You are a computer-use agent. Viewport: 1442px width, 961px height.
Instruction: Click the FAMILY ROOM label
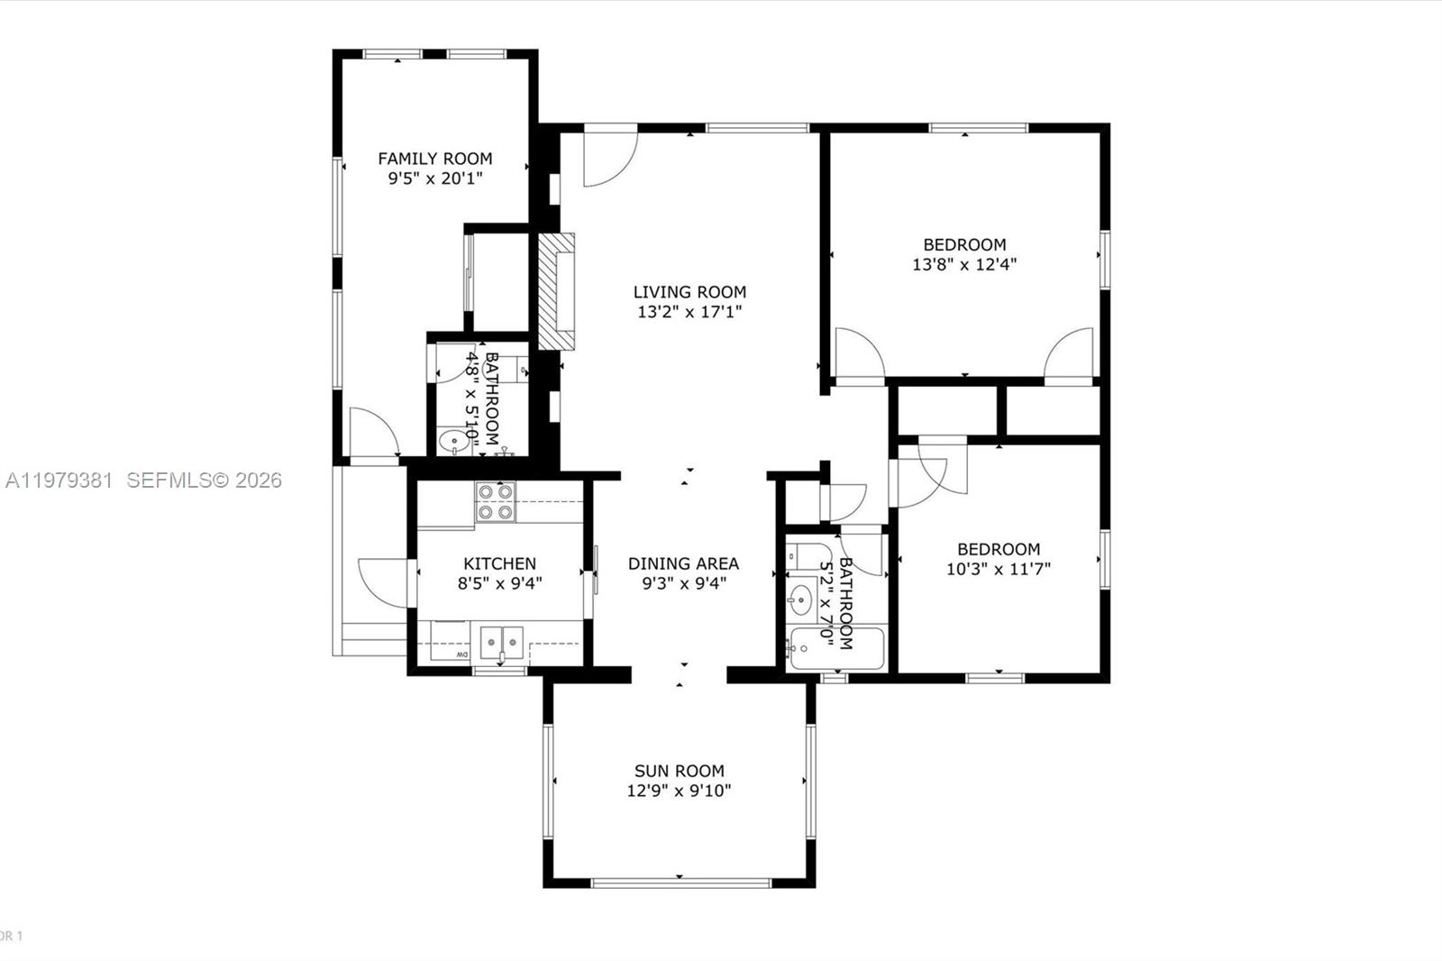pyautogui.click(x=434, y=159)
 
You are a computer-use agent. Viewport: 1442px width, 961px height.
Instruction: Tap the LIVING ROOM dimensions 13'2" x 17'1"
pyautogui.click(x=689, y=313)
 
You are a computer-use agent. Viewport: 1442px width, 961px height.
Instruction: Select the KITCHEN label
pyautogui.click(x=499, y=563)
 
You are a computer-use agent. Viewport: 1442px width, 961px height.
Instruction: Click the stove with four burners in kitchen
pyautogui.click(x=496, y=502)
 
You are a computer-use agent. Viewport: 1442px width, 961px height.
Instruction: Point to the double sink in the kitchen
pyautogui.click(x=501, y=642)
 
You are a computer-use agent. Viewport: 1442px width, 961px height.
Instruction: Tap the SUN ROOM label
pyautogui.click(x=679, y=771)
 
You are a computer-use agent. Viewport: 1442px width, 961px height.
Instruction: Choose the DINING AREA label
pyautogui.click(x=683, y=563)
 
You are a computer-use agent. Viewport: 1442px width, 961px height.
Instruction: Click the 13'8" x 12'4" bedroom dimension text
pyautogui.click(x=964, y=265)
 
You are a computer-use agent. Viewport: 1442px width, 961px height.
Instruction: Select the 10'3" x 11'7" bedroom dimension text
pyautogui.click(x=999, y=569)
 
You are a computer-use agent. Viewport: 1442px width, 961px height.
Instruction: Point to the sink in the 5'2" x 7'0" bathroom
pyautogui.click(x=799, y=597)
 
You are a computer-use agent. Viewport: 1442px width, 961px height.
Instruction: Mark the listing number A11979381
pyautogui.click(x=59, y=480)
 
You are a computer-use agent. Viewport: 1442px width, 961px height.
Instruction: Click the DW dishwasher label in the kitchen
pyautogui.click(x=461, y=654)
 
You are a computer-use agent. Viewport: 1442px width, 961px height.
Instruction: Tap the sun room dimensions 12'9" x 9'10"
pyautogui.click(x=679, y=792)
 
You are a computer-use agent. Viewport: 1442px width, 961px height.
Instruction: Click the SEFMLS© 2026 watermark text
pyautogui.click(x=204, y=480)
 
